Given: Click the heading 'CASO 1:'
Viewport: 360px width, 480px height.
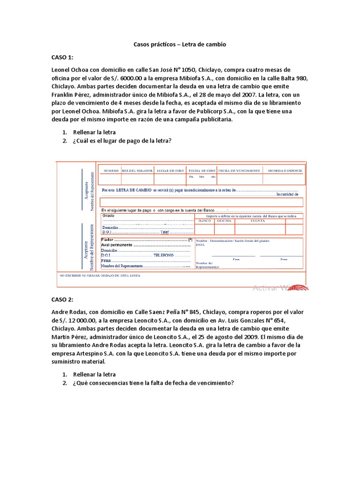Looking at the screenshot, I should pos(62,57).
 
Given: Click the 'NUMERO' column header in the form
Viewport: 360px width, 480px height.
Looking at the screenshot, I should pos(111,170).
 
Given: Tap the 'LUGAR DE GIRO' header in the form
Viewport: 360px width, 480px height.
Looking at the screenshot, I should pos(170,170).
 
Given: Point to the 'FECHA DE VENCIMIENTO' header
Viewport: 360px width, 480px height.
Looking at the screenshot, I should pos(239,170).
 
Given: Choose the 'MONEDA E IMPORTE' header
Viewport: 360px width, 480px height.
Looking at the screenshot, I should pos(285,170).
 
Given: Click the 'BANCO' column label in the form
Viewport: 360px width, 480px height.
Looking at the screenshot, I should pos(204,220).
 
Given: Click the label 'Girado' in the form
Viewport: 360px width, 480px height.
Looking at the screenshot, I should pos(108,216).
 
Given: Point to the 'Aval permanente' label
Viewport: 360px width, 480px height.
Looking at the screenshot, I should pos(117,245).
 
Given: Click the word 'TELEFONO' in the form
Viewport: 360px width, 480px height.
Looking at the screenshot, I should pos(164,255).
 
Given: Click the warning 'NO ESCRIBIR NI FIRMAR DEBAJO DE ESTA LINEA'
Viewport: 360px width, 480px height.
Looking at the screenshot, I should pos(99,276).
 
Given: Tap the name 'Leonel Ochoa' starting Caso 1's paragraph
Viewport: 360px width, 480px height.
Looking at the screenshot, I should pos(70,70).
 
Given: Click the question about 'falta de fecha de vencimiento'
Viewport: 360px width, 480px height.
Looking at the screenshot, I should pos(153,383).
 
